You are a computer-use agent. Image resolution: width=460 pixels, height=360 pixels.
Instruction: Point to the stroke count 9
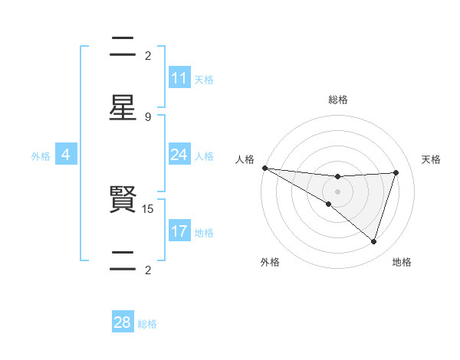[148, 116]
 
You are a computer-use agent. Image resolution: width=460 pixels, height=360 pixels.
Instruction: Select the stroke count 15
[148, 208]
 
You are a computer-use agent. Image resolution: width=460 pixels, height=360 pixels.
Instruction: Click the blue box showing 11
[179, 77]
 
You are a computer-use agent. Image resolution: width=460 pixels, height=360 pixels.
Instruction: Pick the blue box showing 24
[179, 155]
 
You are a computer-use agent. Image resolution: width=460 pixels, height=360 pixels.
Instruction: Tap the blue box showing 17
[179, 231]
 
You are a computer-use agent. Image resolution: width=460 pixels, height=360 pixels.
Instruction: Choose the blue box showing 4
[66, 155]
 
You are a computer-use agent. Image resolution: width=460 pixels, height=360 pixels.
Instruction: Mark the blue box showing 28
[123, 322]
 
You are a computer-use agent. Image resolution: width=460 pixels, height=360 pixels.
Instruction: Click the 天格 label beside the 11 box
[204, 79]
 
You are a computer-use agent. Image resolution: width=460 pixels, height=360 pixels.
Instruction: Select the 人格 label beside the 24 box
[204, 156]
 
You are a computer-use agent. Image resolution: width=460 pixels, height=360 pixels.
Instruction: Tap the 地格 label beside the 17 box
[204, 233]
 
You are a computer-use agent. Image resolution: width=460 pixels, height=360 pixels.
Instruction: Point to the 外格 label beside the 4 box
[41, 156]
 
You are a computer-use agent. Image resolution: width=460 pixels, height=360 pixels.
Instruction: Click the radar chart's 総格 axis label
[337, 100]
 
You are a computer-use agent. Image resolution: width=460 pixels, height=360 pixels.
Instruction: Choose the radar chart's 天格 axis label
[431, 159]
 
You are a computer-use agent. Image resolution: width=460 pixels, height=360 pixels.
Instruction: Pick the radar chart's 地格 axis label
[402, 262]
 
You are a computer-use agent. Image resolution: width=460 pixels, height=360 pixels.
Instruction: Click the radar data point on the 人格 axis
[264, 168]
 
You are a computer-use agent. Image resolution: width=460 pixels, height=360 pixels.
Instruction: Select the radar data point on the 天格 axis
[396, 172]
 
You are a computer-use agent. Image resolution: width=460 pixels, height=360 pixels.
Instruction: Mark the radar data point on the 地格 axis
[374, 242]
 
